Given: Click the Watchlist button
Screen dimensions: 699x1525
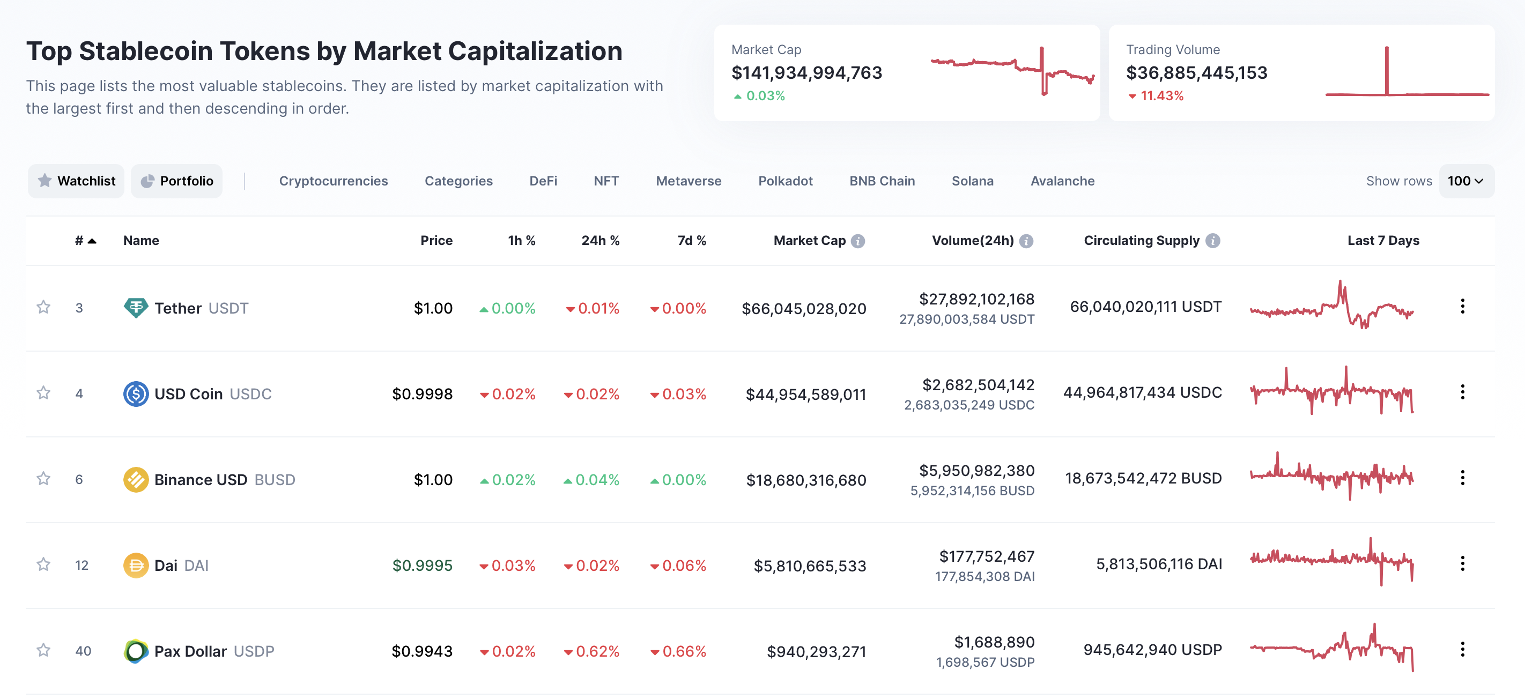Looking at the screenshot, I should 76,181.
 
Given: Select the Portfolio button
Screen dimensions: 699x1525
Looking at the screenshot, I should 176,181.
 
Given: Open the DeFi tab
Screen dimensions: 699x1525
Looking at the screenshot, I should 543,181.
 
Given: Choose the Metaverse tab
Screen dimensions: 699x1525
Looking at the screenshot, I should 688,181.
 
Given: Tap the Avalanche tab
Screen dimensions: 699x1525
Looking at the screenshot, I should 1062,181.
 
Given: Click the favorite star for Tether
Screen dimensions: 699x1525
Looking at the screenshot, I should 43,307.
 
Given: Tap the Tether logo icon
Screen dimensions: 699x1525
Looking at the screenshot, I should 136,308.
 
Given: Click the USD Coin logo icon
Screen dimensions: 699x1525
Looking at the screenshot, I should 136,393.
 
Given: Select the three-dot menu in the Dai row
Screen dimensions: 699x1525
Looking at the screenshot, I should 1462,564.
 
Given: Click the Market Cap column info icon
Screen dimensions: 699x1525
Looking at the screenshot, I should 857,241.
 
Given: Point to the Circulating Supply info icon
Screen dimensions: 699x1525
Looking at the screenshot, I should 1212,241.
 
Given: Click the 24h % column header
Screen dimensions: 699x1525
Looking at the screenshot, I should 599,241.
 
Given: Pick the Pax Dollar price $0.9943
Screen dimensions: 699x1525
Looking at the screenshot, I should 421,651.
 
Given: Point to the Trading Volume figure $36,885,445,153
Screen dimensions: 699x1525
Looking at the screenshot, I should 1196,73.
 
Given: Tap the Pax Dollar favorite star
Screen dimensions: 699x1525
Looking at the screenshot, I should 43,650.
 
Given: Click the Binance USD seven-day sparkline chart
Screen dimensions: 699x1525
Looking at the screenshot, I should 1331,477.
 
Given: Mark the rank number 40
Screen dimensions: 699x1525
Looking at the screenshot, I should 83,651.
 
